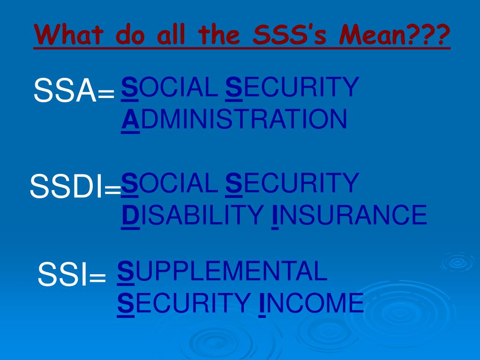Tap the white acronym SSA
pos(65,91)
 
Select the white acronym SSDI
pos(66,187)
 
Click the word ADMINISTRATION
pos(234,120)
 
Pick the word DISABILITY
pos(192,215)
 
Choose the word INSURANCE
pos(349,215)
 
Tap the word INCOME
pos(311,303)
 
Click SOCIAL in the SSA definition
pos(169,88)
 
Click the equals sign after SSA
pos(106,96)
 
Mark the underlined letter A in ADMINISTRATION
pos(130,120)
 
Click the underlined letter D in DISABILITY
pos(130,215)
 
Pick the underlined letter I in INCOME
pos(262,303)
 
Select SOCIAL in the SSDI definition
pos(169,183)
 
